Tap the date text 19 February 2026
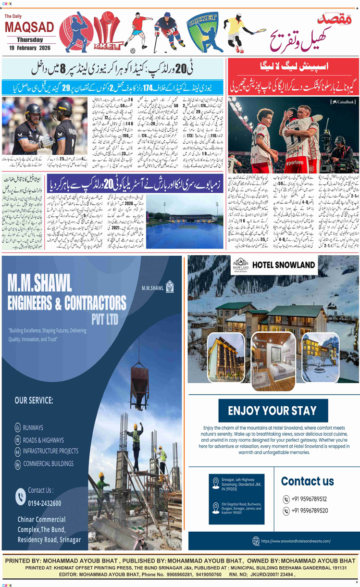[30, 48]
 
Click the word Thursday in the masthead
[30, 40]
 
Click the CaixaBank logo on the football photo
[342, 102]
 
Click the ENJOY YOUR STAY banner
[272, 411]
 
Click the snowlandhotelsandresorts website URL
[296, 541]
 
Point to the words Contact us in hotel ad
[307, 481]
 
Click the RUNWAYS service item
[33, 427]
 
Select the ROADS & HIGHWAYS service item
[43, 439]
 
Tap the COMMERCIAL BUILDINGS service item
[48, 463]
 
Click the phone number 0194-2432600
[44, 503]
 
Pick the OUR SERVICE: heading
[34, 400]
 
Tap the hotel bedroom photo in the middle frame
[273, 354]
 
